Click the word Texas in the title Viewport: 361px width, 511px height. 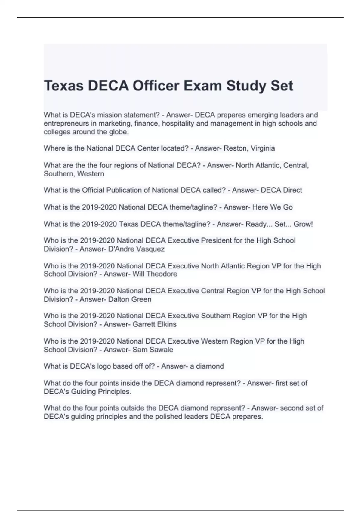click(x=63, y=86)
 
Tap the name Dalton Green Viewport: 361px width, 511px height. click(x=130, y=299)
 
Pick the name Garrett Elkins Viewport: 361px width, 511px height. click(x=154, y=324)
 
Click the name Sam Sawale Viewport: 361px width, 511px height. click(x=153, y=350)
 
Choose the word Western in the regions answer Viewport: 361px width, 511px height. click(x=90, y=174)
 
